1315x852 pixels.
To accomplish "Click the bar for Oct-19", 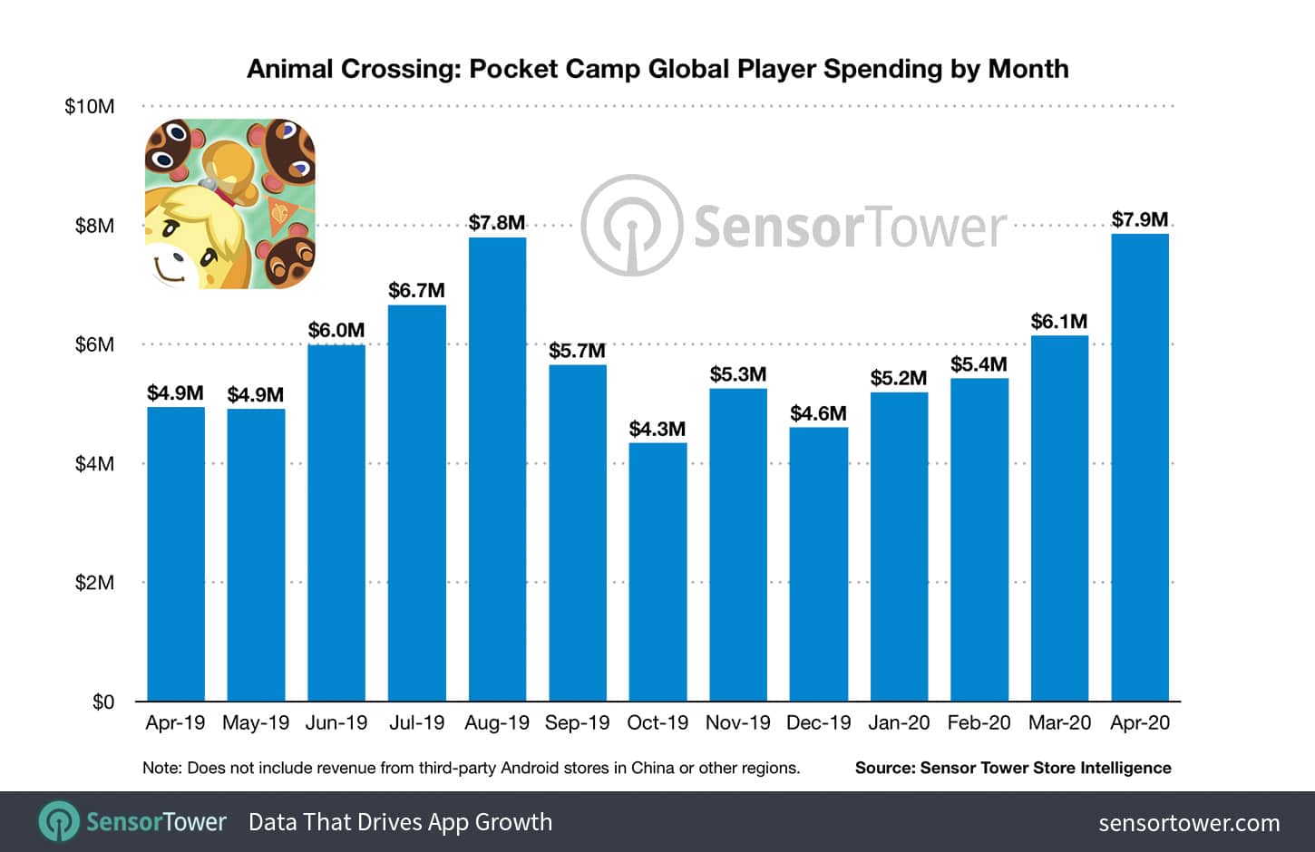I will (x=657, y=572).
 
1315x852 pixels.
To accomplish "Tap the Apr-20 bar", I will (x=1140, y=467).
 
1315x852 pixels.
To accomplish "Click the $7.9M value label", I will (x=1140, y=219).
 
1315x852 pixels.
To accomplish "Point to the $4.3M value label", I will (x=657, y=429).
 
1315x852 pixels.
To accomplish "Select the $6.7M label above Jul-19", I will (x=416, y=290).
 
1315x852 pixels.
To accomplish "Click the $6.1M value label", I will (x=1059, y=321).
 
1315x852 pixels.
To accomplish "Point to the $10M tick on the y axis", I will (x=89, y=106).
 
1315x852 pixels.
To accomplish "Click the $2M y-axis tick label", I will (x=94, y=583).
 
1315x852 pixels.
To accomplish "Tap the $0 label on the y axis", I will (x=102, y=702).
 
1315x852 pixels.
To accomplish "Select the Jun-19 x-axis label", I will (x=336, y=723).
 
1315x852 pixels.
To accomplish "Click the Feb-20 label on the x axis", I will (x=979, y=723).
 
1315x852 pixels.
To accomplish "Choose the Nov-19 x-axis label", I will (x=737, y=723).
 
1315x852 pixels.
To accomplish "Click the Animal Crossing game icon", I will (x=230, y=204).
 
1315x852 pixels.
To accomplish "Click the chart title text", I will (x=657, y=69).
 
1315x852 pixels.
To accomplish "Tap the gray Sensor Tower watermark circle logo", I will (x=631, y=226).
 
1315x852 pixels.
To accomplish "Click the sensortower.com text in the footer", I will (x=1189, y=823).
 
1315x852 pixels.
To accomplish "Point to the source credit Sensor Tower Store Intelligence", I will (x=1013, y=768).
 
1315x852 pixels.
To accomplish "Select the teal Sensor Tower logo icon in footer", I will (x=59, y=822).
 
